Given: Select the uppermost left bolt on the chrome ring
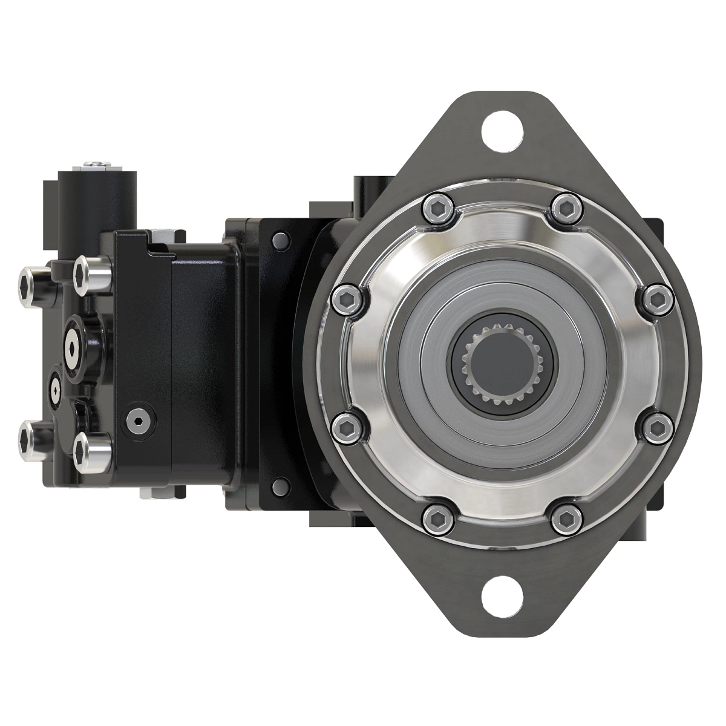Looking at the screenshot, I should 438,208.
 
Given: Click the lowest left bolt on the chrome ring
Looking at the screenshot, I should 437,518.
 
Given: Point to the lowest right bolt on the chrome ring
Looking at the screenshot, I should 567,518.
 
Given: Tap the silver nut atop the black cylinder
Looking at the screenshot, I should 97,164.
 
